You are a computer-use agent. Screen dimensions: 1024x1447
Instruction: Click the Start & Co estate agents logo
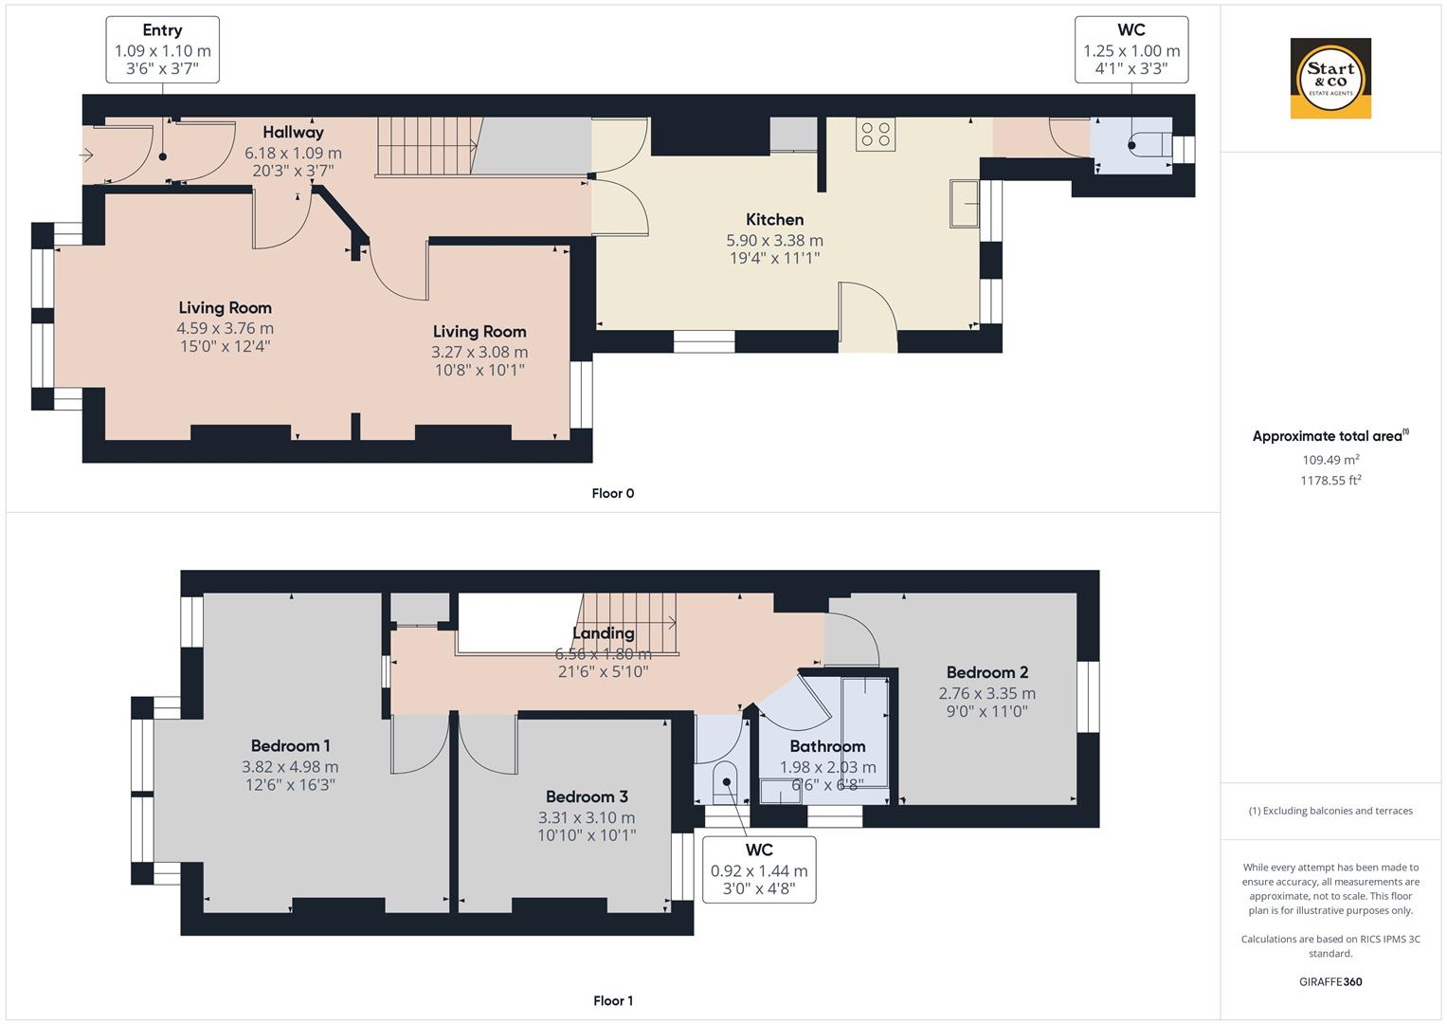point(1330,78)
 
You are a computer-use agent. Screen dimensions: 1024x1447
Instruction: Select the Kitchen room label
point(774,219)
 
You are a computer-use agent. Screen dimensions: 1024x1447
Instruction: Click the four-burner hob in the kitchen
point(875,134)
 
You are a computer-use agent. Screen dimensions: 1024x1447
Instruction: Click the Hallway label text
point(293,133)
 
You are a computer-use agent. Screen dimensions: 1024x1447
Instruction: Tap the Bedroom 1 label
point(290,746)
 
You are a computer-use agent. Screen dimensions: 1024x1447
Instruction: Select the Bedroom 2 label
point(986,672)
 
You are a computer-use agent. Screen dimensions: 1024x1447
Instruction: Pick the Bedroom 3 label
point(587,797)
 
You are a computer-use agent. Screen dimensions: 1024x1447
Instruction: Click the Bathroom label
point(827,746)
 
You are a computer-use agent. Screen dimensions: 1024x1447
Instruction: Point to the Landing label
point(603,633)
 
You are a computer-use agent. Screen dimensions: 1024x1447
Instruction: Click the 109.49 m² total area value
point(1330,460)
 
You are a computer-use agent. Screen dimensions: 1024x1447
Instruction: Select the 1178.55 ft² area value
point(1330,481)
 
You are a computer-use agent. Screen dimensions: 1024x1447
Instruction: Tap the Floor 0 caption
point(612,493)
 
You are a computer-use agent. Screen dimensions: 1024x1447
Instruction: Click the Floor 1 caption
point(612,1000)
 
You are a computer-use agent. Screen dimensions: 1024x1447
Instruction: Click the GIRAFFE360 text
point(1330,981)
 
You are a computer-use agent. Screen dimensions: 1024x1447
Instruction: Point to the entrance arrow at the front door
point(87,155)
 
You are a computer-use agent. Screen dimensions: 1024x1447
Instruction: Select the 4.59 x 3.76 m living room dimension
point(225,328)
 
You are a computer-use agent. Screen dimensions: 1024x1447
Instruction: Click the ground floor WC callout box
point(1131,48)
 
